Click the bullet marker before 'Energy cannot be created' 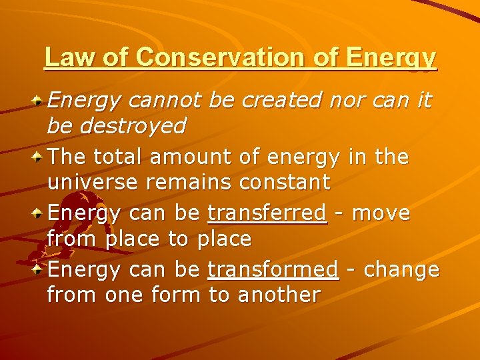point(39,101)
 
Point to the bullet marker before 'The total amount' point(39,158)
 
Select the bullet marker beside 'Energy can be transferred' point(39,214)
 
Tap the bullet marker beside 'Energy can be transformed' point(39,270)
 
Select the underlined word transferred point(267,214)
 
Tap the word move point(381,214)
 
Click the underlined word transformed point(273,270)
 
